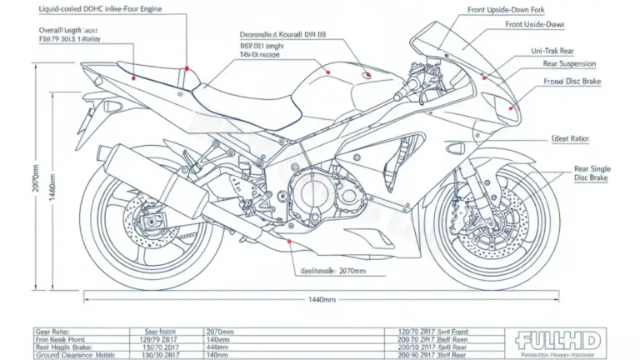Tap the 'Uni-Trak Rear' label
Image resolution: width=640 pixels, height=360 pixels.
coord(553,52)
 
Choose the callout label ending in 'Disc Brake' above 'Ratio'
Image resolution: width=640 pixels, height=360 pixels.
coord(572,82)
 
